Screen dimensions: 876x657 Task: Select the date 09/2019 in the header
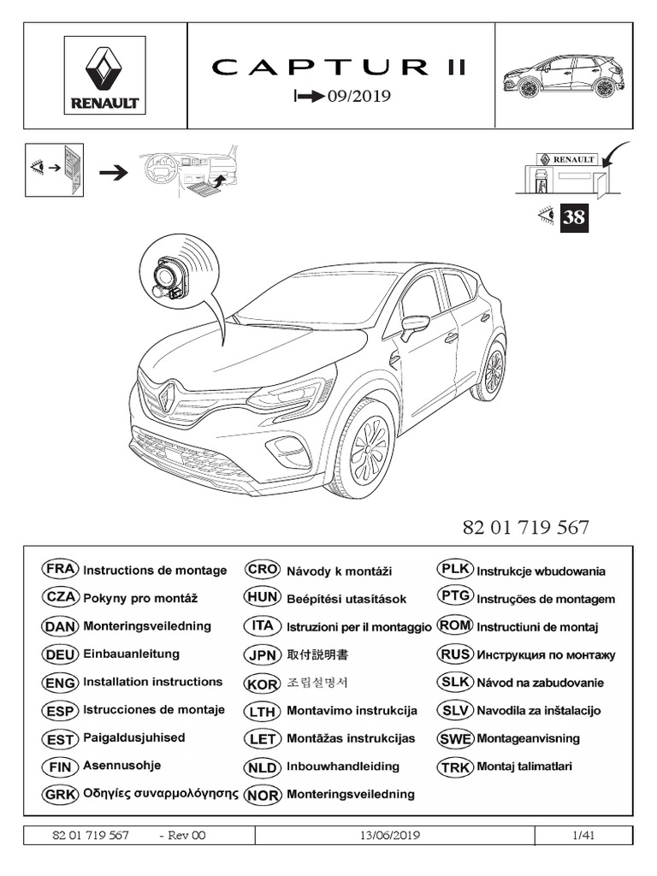[352, 96]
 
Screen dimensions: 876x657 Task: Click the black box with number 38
[573, 217]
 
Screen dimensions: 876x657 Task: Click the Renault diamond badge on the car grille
[169, 395]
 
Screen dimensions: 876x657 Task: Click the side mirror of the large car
[414, 324]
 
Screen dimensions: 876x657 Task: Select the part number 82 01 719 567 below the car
[525, 527]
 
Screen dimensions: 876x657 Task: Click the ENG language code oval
[60, 683]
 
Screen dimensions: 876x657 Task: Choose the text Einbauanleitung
[131, 654]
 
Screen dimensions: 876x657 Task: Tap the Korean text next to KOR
[318, 684]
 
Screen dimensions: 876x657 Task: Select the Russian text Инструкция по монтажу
[546, 655]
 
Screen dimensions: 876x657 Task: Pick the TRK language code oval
[454, 766]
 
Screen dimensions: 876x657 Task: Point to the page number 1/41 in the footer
[583, 835]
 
